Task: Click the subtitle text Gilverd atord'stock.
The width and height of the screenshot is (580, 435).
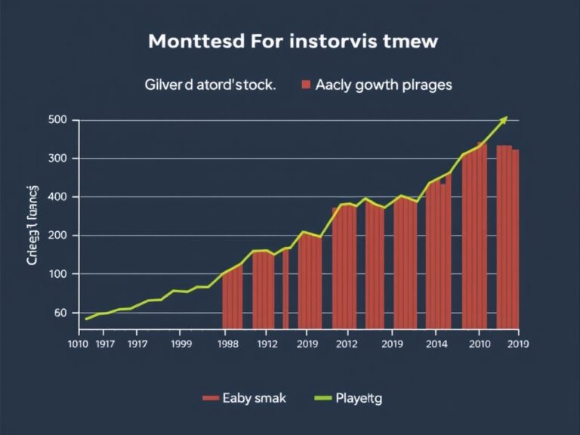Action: point(209,85)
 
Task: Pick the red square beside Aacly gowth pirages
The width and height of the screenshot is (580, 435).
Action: point(306,85)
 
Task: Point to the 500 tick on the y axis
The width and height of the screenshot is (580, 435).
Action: point(58,120)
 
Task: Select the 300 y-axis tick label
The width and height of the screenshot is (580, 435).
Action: point(58,159)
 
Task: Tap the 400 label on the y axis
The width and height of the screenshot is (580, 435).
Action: point(58,197)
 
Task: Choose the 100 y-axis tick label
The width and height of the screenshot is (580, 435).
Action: point(58,274)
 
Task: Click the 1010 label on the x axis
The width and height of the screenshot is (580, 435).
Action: point(78,344)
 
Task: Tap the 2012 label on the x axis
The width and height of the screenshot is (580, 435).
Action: point(345,344)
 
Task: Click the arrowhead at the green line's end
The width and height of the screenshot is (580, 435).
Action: point(504,119)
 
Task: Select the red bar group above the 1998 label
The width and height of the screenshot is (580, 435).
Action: point(232,298)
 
